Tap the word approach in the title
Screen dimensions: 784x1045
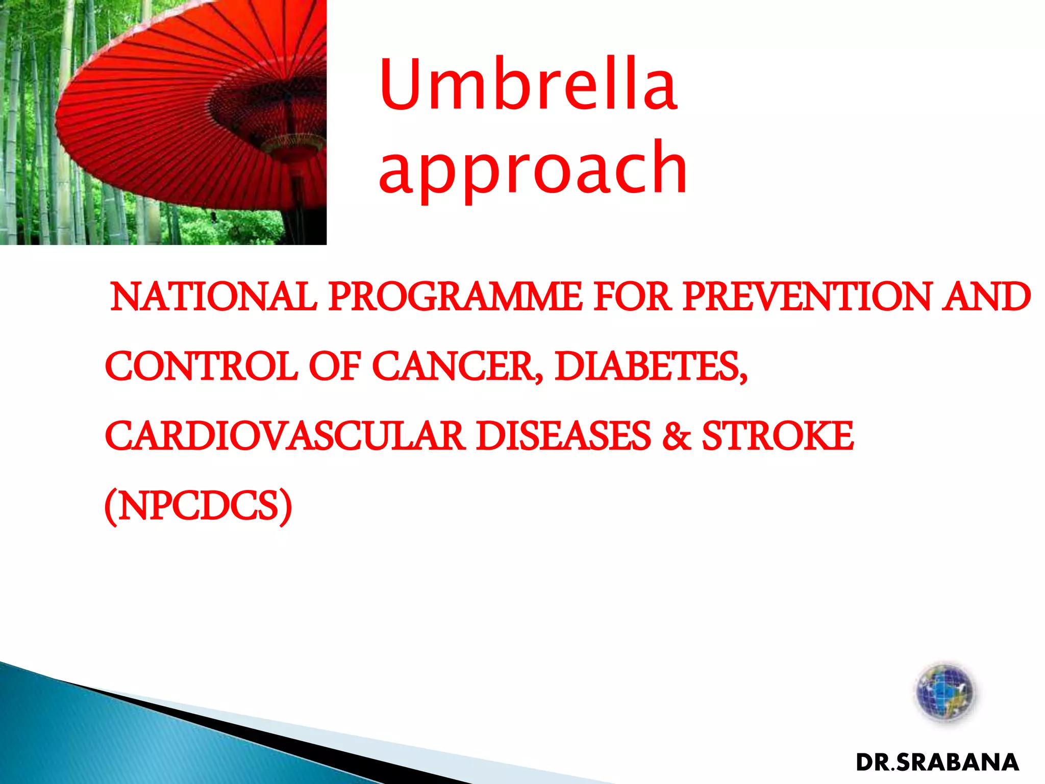533,168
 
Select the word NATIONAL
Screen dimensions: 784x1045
213,297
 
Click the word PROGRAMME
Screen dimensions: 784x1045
455,297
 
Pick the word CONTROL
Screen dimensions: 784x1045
201,366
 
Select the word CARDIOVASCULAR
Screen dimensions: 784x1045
285,436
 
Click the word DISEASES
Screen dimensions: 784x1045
563,436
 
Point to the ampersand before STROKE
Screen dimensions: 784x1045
677,436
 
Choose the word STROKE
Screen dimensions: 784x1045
778,436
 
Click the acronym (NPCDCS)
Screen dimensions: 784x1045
198,506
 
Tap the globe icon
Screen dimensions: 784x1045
944,693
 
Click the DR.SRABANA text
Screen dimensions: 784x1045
937,763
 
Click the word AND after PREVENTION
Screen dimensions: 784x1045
986,297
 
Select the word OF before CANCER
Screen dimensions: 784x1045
335,366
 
